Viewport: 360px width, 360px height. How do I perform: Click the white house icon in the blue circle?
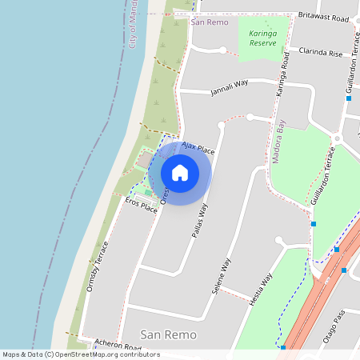click(x=180, y=172)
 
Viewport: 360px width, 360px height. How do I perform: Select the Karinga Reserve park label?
click(x=262, y=38)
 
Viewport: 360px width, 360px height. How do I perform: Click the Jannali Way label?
click(x=229, y=86)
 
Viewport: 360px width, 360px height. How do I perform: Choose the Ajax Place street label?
click(x=198, y=148)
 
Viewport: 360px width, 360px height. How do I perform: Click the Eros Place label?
click(x=142, y=206)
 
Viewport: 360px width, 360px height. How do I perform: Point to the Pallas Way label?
click(x=199, y=222)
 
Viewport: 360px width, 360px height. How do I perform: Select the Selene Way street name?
click(x=222, y=276)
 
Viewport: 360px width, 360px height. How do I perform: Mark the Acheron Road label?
click(x=117, y=345)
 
